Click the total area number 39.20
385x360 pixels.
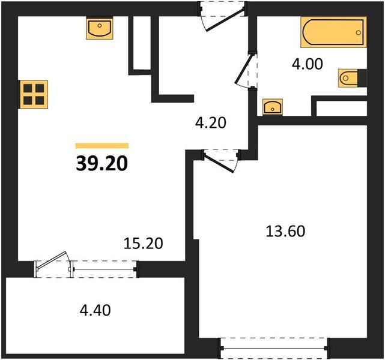pyautogui.click(x=102, y=163)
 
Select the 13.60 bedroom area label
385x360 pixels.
pyautogui.click(x=286, y=230)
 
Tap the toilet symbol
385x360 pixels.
pyautogui.click(x=350, y=79)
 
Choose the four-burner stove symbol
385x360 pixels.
pyautogui.click(x=34, y=94)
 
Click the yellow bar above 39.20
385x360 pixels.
pyautogui.click(x=102, y=145)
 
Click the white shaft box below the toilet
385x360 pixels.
pyautogui.click(x=341, y=108)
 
